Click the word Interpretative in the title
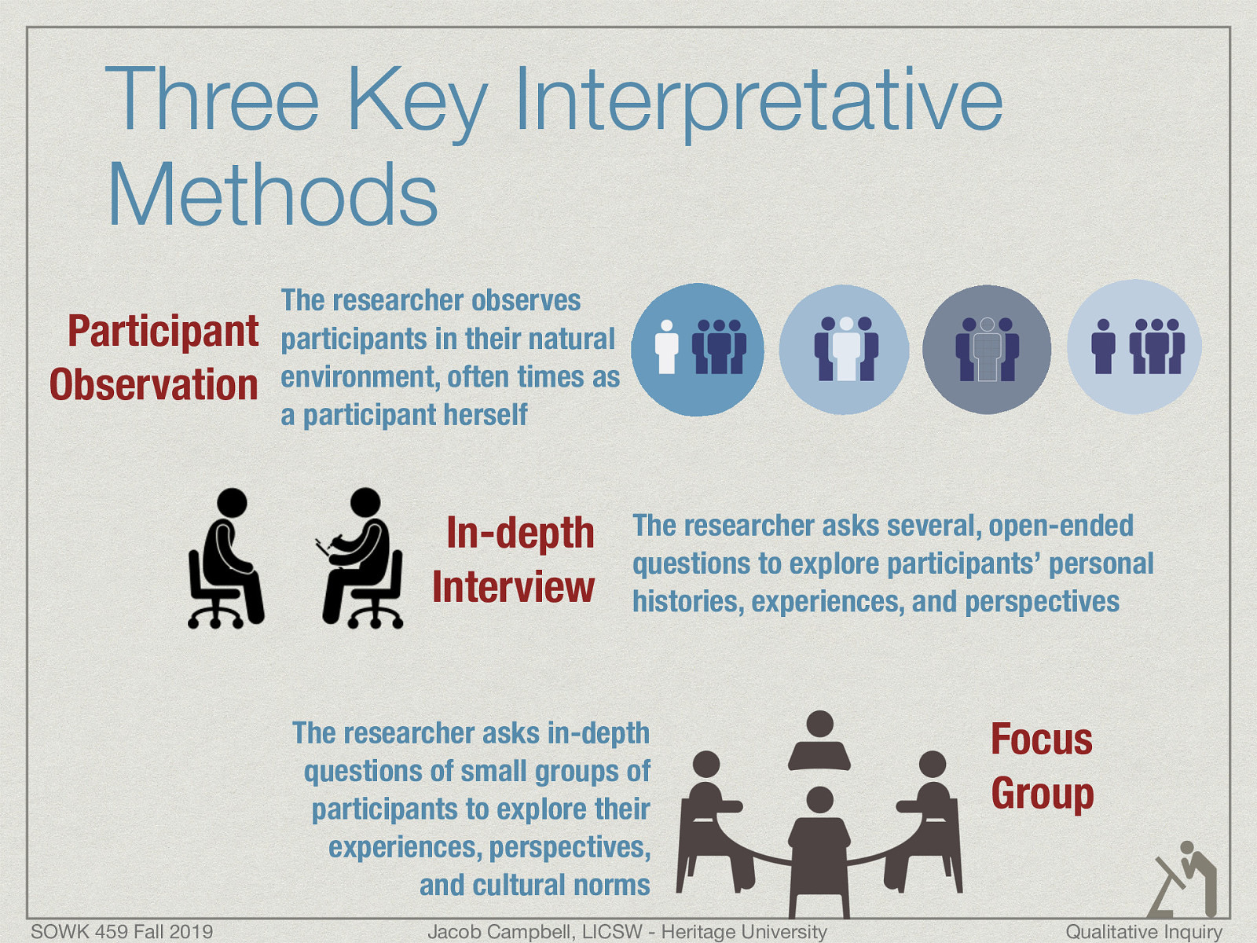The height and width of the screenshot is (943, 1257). (x=758, y=101)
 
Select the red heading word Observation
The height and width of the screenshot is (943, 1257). (x=154, y=385)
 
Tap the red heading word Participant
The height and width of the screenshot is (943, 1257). (x=163, y=331)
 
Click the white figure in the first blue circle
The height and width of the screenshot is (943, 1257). (x=666, y=347)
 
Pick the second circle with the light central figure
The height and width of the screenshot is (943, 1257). (x=844, y=349)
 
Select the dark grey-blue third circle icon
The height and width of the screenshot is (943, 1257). (x=987, y=349)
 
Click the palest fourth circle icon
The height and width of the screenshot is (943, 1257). (x=1134, y=347)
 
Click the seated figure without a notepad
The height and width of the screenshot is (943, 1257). (x=225, y=558)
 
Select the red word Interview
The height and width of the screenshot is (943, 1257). (x=513, y=587)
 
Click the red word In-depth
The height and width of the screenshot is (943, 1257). (x=520, y=533)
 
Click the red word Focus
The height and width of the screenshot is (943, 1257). (x=1041, y=739)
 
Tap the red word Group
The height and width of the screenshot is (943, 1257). (x=1042, y=793)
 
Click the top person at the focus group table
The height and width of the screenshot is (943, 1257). (x=819, y=741)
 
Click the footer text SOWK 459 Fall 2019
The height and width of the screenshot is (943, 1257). (x=122, y=931)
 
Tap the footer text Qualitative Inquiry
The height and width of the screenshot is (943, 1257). (x=1143, y=931)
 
